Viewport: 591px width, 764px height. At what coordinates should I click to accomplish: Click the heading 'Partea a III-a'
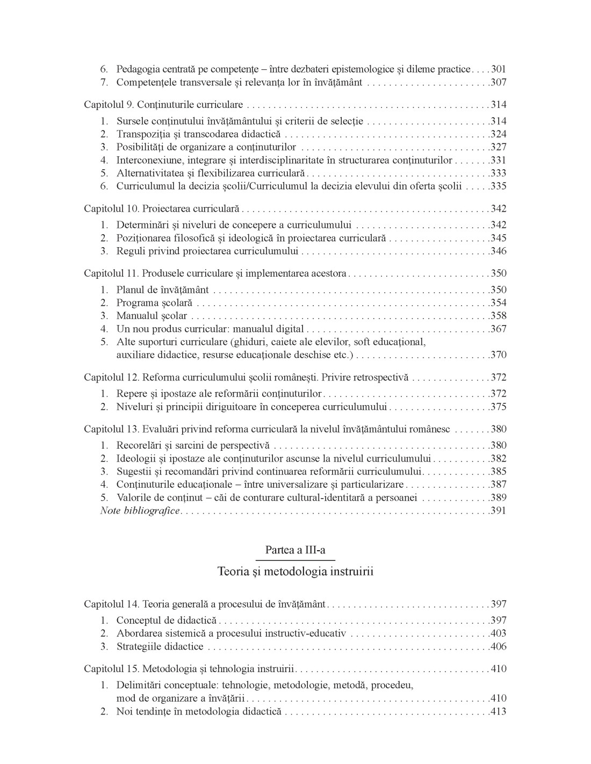pos(295,550)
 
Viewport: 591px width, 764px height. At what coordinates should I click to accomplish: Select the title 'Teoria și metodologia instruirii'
pos(295,571)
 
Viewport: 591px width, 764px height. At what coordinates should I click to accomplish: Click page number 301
pos(499,69)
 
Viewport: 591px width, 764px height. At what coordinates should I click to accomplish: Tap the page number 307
pos(499,82)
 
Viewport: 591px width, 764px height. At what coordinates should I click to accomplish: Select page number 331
pos(499,160)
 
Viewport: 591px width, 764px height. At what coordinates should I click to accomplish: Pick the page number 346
pos(499,251)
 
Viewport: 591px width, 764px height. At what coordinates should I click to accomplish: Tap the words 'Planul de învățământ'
pos(163,290)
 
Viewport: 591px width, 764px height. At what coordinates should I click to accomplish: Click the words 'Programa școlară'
pos(154,303)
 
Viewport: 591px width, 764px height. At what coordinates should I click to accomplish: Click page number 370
pos(499,355)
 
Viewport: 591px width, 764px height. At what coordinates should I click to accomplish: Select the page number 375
pos(499,407)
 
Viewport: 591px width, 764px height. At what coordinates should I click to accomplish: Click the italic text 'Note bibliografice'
pos(140,511)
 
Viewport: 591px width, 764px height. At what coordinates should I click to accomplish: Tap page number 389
pos(499,498)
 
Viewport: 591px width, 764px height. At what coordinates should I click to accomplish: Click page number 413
pos(499,712)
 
